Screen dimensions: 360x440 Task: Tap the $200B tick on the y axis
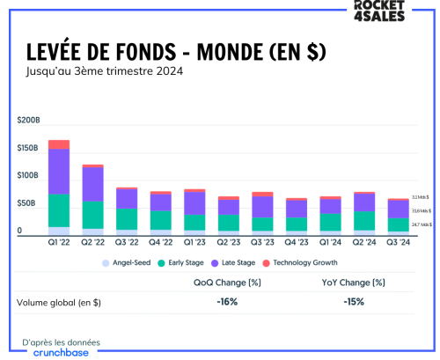[x=29, y=120]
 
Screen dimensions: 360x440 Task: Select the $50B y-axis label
[x=27, y=203]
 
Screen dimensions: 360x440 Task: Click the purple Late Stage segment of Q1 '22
[x=59, y=172]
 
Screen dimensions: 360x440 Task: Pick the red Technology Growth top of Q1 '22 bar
[x=59, y=144]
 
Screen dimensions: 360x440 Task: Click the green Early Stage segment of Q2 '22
[x=92, y=215]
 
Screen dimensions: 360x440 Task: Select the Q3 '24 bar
[x=398, y=215]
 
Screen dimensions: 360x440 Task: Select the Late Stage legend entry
[x=234, y=262]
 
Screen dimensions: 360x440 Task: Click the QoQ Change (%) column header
[x=228, y=283]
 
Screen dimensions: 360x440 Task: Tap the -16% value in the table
[x=228, y=302]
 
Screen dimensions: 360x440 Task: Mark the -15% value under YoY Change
[x=354, y=302]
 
